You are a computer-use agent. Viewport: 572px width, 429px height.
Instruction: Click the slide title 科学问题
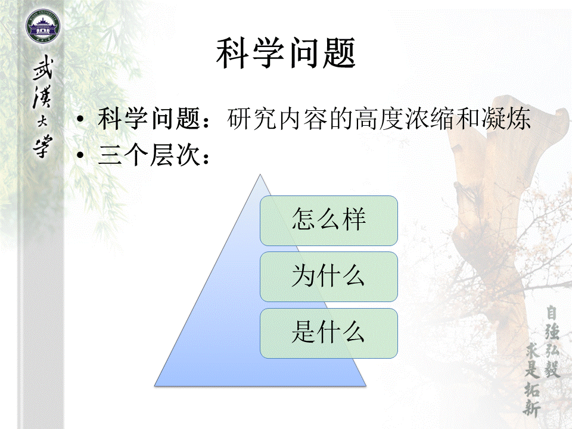[x=285, y=53]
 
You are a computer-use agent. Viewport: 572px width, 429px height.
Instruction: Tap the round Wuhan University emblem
[x=43, y=27]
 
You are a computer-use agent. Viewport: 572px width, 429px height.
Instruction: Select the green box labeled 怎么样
[x=329, y=220]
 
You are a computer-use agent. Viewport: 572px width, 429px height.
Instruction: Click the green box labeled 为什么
[x=329, y=277]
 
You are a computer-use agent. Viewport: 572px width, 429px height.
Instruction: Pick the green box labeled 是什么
[x=329, y=333]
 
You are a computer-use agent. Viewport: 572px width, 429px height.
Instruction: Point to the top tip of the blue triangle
[x=260, y=175]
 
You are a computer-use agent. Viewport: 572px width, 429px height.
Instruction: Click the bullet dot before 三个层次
[x=80, y=155]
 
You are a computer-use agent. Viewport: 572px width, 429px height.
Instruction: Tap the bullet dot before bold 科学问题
[x=80, y=119]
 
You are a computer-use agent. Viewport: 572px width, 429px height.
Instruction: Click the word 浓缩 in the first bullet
[x=430, y=119]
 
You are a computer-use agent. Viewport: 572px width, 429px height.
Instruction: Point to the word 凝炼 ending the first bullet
[x=506, y=119]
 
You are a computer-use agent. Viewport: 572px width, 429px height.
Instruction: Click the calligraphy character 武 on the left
[x=43, y=68]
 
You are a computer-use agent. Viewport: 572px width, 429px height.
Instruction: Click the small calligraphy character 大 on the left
[x=42, y=122]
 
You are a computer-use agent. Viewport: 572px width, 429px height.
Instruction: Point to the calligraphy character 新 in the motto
[x=531, y=408]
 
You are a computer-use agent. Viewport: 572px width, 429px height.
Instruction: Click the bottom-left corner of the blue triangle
[x=155, y=386]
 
